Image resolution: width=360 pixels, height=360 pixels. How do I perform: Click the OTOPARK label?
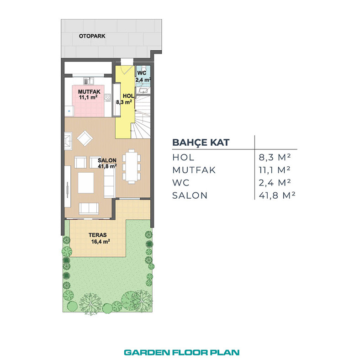[92, 36]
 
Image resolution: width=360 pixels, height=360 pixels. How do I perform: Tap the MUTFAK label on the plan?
[89, 92]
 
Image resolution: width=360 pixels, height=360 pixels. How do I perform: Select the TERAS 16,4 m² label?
[99, 238]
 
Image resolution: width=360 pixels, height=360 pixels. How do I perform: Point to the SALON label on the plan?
[107, 160]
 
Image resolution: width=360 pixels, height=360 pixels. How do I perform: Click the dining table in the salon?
[132, 166]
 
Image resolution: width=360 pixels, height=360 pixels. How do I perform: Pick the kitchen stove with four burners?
[107, 98]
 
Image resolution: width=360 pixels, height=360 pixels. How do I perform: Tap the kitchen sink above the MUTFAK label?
[89, 81]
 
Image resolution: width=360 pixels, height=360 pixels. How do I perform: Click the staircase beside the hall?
[141, 117]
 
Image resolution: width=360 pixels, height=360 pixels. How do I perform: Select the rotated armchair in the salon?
[85, 138]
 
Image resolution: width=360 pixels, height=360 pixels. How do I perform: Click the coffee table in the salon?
[86, 183]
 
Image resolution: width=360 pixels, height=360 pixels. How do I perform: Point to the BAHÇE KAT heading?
[201, 143]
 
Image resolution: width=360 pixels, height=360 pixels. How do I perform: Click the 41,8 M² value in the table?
[277, 196]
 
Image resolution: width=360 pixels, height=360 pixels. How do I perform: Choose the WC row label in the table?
[181, 183]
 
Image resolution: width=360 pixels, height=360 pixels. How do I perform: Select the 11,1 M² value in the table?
[275, 170]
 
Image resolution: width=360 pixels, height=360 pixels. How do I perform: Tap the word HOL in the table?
[183, 157]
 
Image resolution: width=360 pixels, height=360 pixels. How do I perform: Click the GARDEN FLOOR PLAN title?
[182, 352]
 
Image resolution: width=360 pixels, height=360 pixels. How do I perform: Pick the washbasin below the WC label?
[143, 91]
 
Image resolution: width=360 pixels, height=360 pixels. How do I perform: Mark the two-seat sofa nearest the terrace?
[89, 209]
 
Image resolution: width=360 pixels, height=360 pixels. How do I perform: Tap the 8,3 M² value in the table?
[275, 157]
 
